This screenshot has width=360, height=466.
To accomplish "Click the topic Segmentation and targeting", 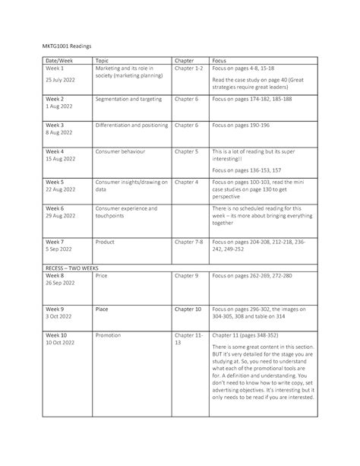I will (x=128, y=100).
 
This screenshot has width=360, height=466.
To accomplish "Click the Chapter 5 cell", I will (x=187, y=151).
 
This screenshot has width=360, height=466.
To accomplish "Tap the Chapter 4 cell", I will (x=187, y=182).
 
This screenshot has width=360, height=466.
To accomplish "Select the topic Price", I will (x=101, y=277).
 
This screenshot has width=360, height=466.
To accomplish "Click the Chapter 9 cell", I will (x=187, y=277).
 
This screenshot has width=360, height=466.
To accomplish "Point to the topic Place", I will (x=102, y=309).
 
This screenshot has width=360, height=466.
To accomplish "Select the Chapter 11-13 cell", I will (x=188, y=339).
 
